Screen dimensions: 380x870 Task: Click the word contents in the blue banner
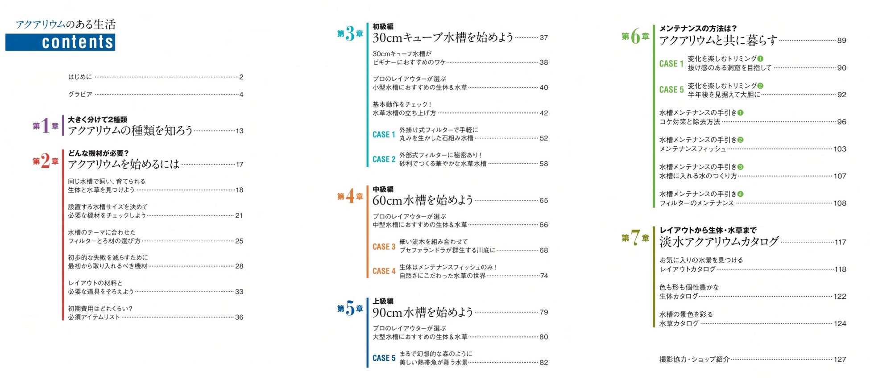(78, 42)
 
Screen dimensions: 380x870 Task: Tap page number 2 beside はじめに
(241, 77)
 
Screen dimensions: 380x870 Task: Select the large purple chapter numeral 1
(45, 126)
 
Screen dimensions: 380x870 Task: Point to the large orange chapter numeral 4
(350, 196)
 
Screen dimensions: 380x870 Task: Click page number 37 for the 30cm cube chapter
(543, 38)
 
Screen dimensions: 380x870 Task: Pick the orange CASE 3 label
(384, 247)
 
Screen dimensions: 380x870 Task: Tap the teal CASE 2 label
(384, 159)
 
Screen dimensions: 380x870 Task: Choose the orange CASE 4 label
(384, 271)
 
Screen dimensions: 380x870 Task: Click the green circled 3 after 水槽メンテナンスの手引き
(740, 167)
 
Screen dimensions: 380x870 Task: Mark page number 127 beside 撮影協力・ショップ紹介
(840, 359)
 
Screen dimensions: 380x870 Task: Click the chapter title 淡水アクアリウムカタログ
(719, 242)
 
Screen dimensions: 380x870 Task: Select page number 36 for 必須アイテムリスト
(239, 318)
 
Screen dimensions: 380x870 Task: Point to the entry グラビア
(80, 95)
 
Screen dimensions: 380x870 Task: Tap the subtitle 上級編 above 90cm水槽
(383, 301)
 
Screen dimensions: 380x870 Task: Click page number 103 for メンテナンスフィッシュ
(840, 149)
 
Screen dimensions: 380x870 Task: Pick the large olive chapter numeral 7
(635, 238)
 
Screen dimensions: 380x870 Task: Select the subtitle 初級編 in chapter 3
(383, 27)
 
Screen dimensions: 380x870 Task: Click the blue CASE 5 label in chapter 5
(384, 358)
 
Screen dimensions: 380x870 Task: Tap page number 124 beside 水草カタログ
(840, 324)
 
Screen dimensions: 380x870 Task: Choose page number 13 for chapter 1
(240, 131)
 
